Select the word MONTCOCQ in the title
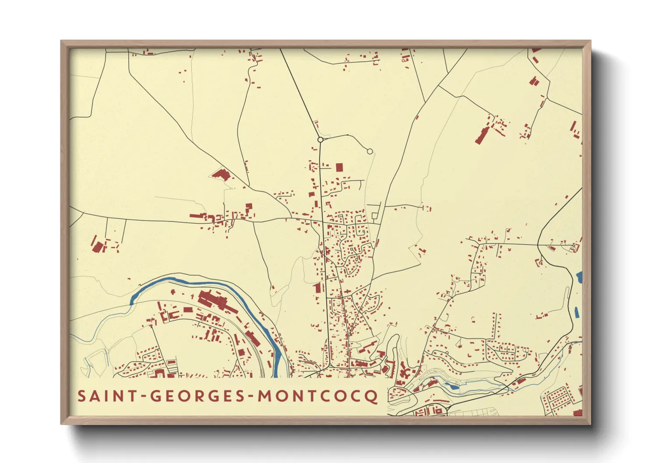pyautogui.click(x=317, y=396)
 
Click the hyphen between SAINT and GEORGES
pyautogui.click(x=142, y=397)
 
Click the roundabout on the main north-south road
pyautogui.click(x=320, y=140)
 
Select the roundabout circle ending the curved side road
pyautogui.click(x=370, y=151)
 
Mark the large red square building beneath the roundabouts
pyautogui.click(x=339, y=167)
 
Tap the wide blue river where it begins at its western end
pyautogui.click(x=133, y=299)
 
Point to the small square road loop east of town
pyautogui.click(x=375, y=216)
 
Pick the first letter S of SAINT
pyautogui.click(x=81, y=396)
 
